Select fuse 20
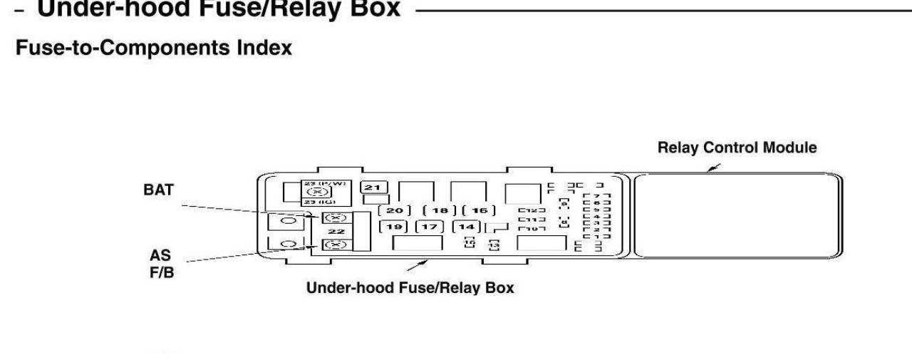[x=394, y=210]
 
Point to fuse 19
[x=392, y=227]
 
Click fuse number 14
[x=467, y=227]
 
